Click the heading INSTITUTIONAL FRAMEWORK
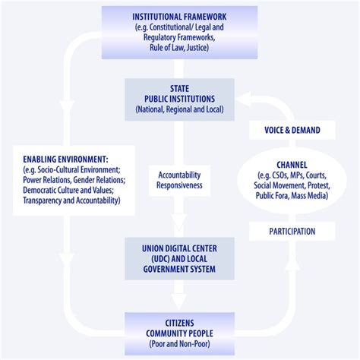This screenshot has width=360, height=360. (180, 16)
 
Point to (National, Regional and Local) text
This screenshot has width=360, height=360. (180, 109)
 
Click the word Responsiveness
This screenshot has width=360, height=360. (180, 184)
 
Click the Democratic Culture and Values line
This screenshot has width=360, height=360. (66, 190)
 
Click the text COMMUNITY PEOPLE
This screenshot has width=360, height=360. (180, 334)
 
